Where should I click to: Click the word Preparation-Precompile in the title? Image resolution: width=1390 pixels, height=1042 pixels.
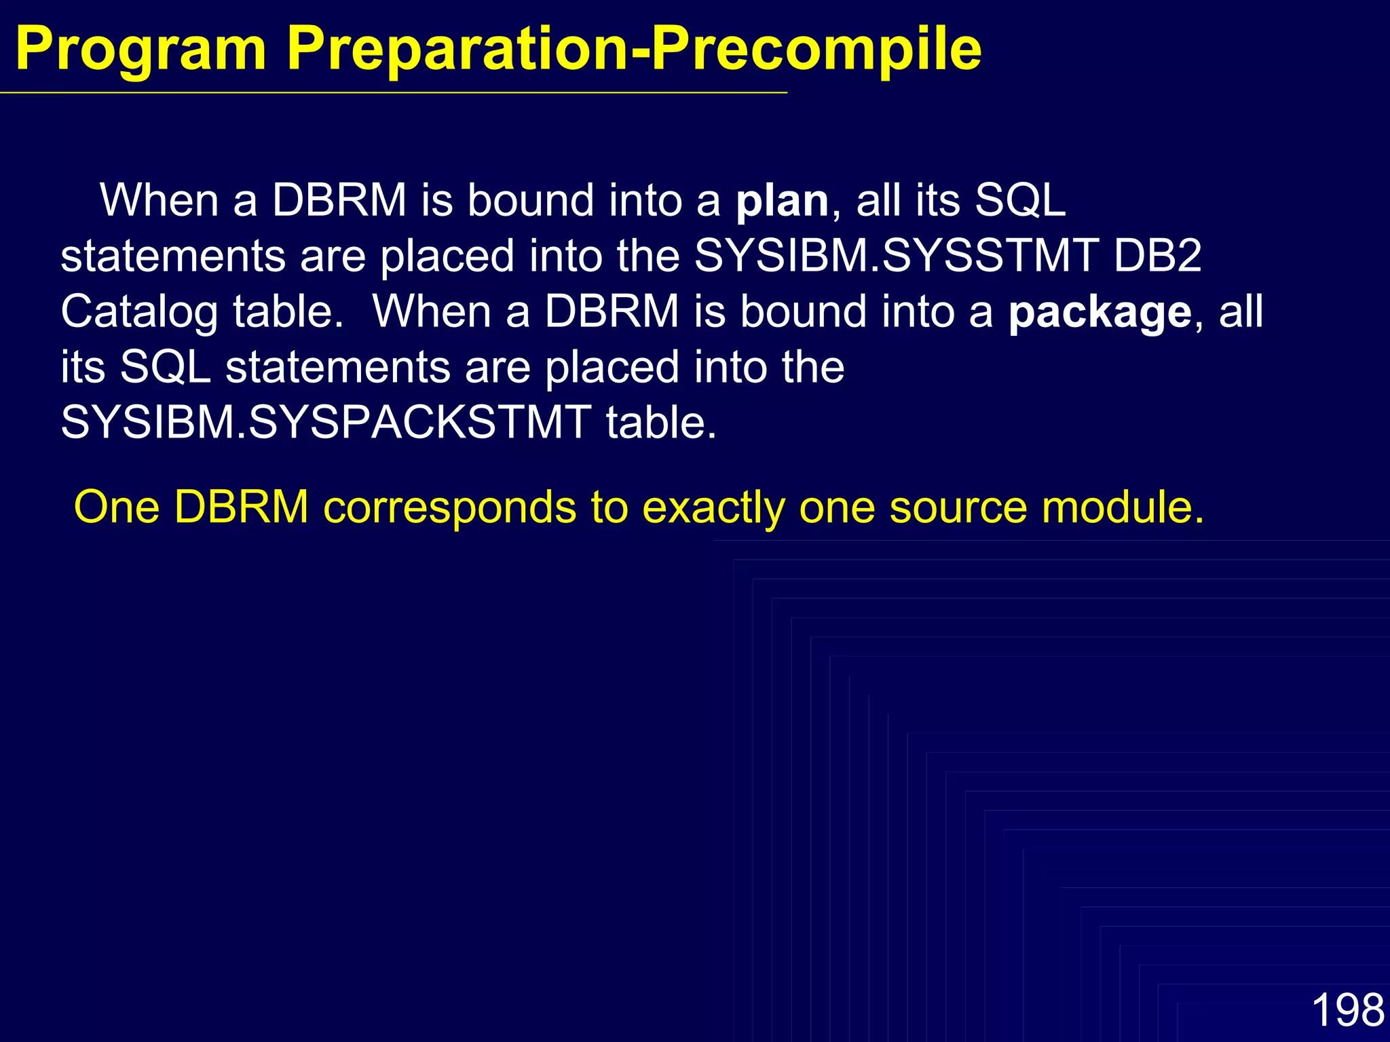[633, 49]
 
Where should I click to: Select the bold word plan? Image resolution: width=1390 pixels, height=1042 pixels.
[782, 201]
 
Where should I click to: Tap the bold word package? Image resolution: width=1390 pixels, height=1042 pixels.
[1100, 313]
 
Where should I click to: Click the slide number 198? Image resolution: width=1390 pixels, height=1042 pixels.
[1347, 1010]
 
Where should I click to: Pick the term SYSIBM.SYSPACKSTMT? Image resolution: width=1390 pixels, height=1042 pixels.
[326, 423]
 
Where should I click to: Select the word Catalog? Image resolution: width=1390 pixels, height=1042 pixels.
[139, 313]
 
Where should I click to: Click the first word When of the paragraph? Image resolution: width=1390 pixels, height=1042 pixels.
[159, 201]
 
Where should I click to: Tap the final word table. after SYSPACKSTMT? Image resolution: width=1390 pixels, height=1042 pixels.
[661, 423]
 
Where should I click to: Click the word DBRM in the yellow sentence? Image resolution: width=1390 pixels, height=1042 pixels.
[242, 507]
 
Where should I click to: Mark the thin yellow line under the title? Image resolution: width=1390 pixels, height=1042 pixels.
[394, 92]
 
